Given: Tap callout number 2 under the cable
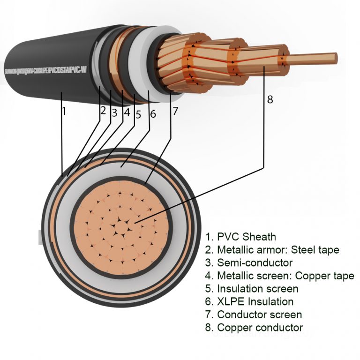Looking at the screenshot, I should click(103, 111).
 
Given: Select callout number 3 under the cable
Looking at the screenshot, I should click(114, 112).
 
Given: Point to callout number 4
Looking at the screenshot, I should click(127, 112).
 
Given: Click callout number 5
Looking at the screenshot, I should click(138, 113).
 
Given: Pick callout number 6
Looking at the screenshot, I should click(152, 113).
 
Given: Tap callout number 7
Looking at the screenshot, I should click(175, 111).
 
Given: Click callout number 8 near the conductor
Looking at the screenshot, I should click(270, 99).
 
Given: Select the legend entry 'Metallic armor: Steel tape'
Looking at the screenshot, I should click(272, 250).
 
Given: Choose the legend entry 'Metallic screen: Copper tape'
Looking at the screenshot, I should click(279, 276).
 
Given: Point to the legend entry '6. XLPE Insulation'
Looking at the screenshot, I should click(249, 301).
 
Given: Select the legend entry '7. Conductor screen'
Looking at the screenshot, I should click(253, 315).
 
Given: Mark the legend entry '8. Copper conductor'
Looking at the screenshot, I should click(254, 327).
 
